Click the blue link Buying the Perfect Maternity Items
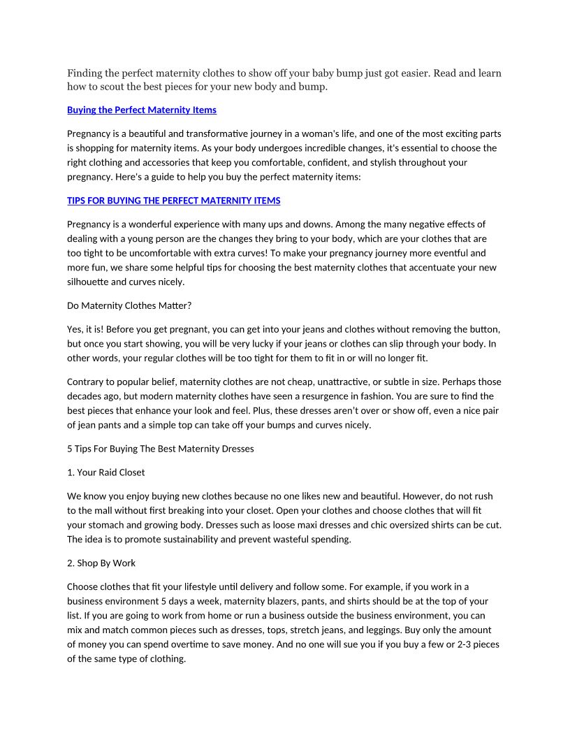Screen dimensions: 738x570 (x=142, y=110)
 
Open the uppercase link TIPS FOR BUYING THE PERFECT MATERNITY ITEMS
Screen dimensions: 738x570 (x=173, y=201)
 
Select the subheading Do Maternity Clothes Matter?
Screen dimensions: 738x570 (x=124, y=305)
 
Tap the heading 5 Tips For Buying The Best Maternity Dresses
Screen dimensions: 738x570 (x=161, y=449)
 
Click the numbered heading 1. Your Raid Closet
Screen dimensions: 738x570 (x=106, y=472)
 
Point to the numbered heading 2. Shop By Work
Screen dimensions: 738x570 (x=101, y=563)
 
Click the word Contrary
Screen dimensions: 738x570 (x=86, y=382)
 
